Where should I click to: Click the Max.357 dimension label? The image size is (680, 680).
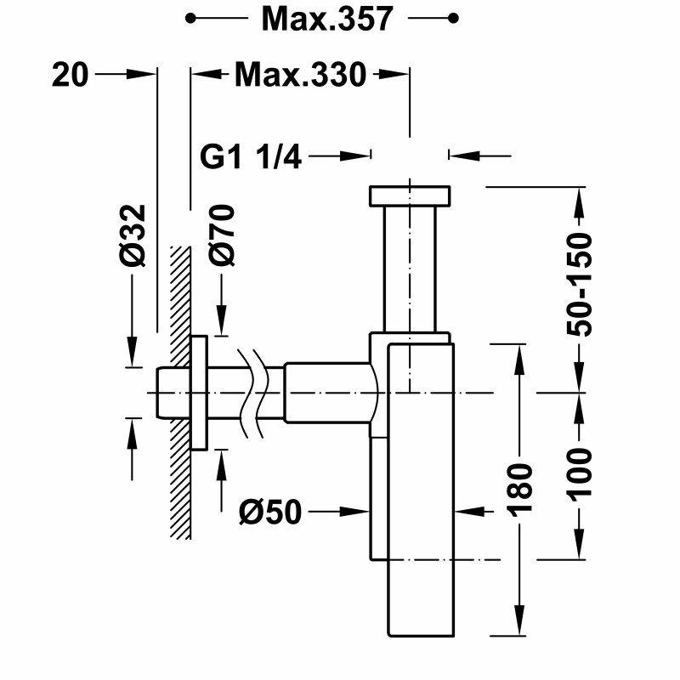tap(327, 19)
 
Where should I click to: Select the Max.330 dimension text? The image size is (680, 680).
tap(301, 75)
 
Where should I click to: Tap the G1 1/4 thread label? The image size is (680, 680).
tap(251, 156)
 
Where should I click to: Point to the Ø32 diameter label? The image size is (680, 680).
tap(133, 235)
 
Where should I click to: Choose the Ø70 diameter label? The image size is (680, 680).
tap(222, 235)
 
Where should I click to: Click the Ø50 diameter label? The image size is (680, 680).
tap(269, 513)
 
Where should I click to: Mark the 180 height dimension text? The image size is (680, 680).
tap(519, 490)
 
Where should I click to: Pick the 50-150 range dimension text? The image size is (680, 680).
tap(580, 285)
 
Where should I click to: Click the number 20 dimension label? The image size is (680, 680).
tap(71, 75)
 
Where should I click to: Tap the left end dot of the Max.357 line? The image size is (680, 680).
tap(190, 18)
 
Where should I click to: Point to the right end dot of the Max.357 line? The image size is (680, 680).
tap(453, 18)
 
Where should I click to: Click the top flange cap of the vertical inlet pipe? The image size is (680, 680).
tap(410, 196)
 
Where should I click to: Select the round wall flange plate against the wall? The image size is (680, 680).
tap(199, 393)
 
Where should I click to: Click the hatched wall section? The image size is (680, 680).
tap(180, 393)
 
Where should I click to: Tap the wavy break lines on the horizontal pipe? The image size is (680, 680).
tap(252, 393)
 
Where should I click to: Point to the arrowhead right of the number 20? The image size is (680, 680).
tap(140, 74)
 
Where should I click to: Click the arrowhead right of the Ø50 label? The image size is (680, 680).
tap(354, 512)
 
